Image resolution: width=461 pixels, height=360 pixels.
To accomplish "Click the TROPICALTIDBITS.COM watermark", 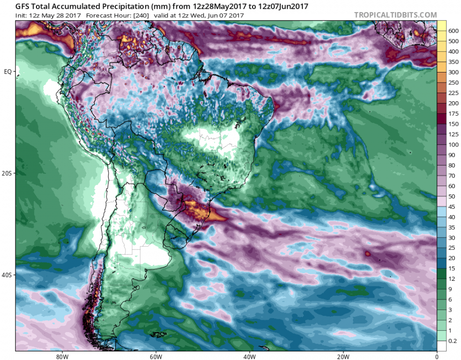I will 396,15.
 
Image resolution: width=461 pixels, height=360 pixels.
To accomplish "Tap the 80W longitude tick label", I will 61,357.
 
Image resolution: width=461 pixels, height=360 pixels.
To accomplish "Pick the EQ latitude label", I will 8,72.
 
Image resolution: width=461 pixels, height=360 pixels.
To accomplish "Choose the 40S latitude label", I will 8,275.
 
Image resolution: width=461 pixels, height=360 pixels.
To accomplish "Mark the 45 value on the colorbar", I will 452,206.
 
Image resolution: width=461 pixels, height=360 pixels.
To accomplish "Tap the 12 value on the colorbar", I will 452,279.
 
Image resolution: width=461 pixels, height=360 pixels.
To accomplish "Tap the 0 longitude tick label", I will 437,357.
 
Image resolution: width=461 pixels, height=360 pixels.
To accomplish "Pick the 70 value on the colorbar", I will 452,175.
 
